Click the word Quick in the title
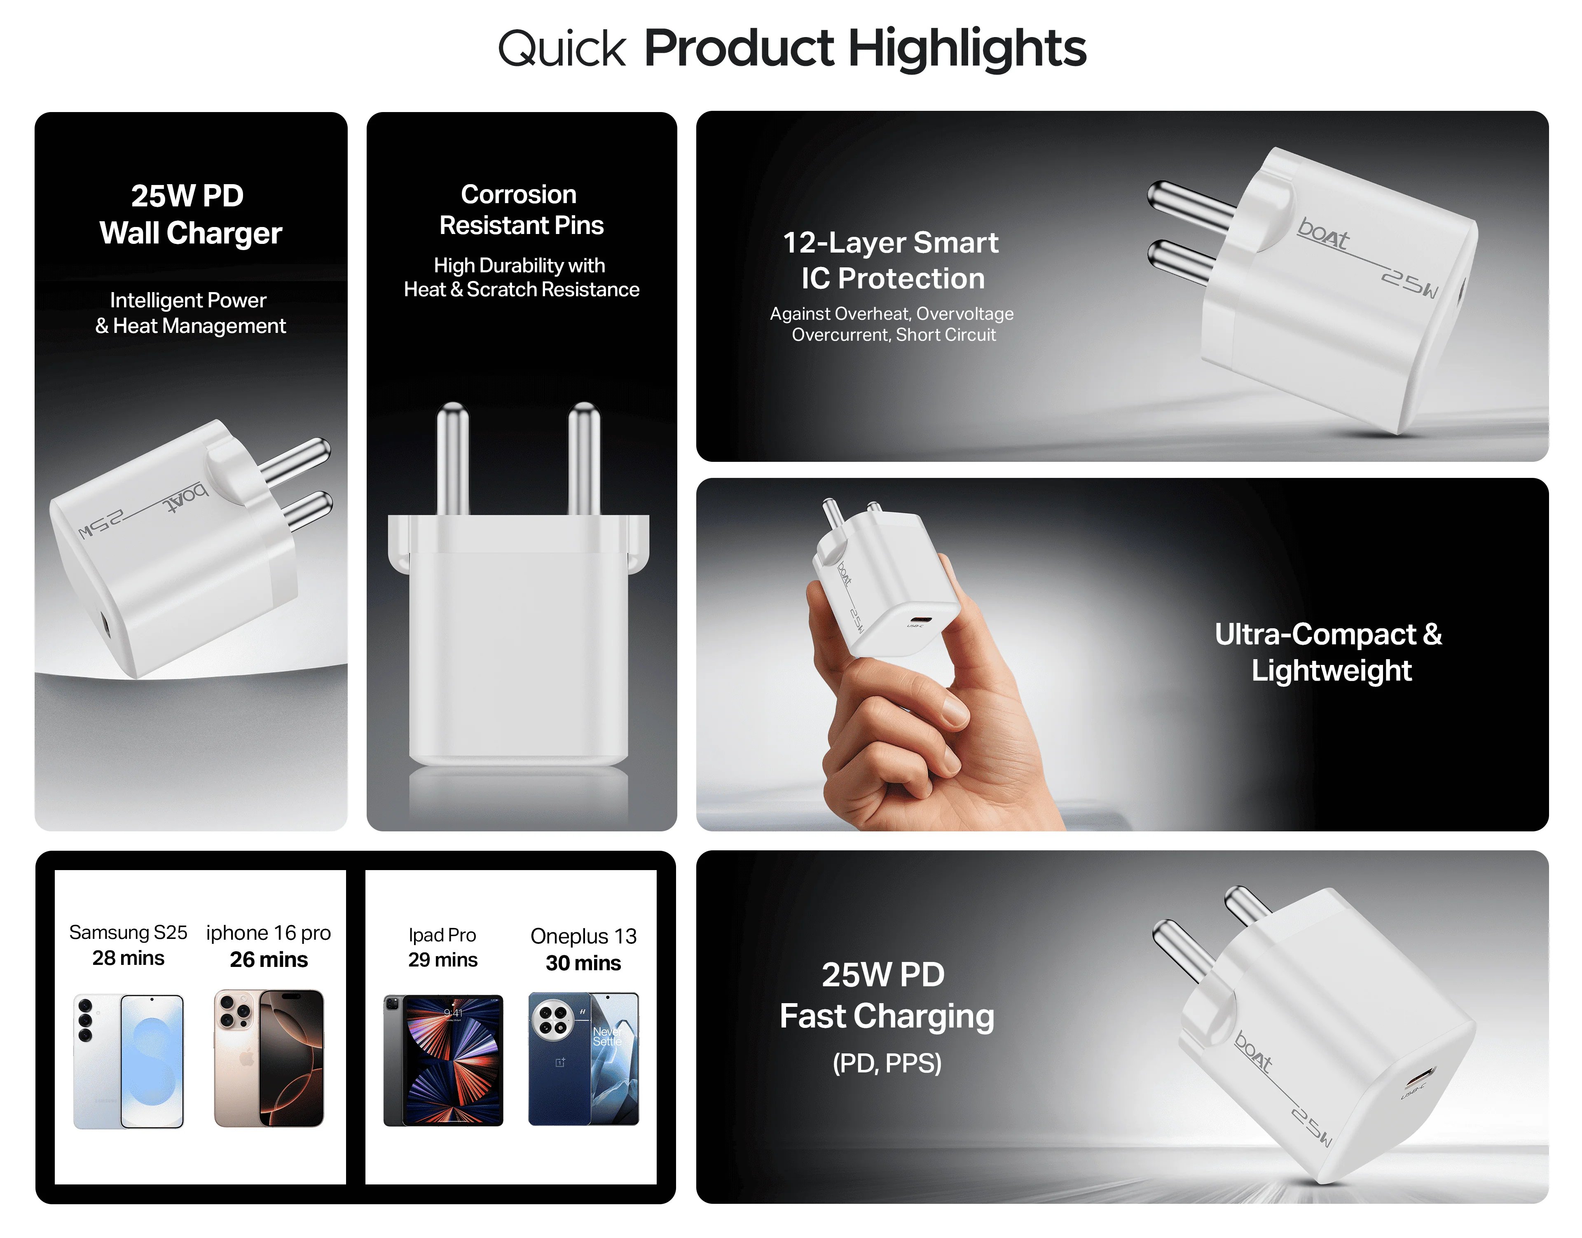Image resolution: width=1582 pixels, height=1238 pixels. tap(561, 49)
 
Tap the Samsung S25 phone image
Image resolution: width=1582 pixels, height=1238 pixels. tap(128, 1061)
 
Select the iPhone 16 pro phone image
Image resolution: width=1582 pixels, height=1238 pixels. tap(269, 1058)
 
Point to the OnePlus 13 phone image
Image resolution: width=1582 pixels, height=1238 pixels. tap(583, 1059)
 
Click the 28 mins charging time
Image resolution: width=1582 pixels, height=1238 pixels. tap(128, 958)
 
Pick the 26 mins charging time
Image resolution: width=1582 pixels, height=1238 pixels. tap(269, 960)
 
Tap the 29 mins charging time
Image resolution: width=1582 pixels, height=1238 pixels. tap(443, 960)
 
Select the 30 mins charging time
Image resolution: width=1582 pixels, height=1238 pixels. tap(583, 963)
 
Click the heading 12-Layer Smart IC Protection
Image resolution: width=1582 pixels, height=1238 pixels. tap(892, 260)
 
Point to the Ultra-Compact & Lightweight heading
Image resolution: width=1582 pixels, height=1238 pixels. tap(1329, 652)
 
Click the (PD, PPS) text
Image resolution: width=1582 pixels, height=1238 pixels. tap(887, 1063)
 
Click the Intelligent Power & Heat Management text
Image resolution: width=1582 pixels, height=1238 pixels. tap(190, 313)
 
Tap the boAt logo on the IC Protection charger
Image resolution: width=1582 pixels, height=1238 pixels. tap(1323, 234)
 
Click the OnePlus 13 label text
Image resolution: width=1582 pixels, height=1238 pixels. tap(583, 936)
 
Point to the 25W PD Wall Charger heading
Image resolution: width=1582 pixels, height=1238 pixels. tap(190, 215)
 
